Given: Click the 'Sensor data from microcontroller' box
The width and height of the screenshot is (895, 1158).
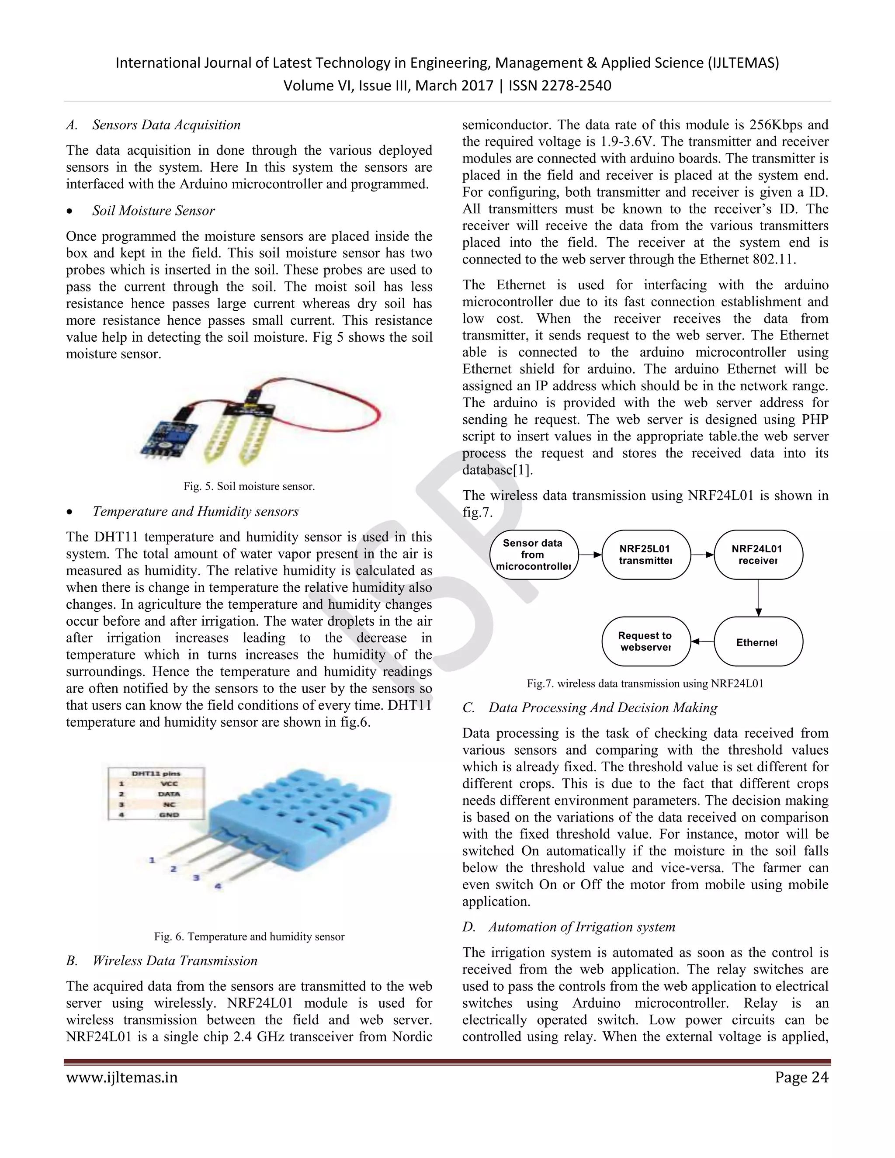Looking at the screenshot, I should click(x=534, y=555).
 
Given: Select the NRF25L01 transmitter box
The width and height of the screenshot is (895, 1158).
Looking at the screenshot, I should click(x=646, y=555).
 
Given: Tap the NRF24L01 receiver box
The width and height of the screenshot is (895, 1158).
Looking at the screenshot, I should click(x=758, y=555).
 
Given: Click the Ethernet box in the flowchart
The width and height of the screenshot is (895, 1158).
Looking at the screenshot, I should click(x=758, y=642).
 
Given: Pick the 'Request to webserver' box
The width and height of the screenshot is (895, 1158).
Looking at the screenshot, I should click(x=646, y=641).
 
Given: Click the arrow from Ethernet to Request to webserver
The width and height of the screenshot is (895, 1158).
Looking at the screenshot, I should click(x=703, y=642).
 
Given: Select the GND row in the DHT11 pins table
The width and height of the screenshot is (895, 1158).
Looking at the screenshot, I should click(x=156, y=815).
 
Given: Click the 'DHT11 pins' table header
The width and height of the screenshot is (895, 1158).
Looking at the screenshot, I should click(x=156, y=773).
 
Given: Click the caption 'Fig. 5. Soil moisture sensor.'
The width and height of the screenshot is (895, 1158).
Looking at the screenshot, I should click(x=249, y=486).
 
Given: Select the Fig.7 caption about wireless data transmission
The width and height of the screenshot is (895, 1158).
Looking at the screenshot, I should click(x=645, y=683).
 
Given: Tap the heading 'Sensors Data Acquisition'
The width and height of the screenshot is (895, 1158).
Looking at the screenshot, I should click(x=166, y=125).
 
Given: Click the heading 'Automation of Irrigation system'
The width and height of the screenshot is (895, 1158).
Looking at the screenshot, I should click(x=582, y=927).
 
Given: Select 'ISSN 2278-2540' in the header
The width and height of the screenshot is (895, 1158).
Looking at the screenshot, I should click(x=560, y=85).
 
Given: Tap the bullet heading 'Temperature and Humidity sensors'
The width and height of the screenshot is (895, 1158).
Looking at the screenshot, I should click(x=195, y=511).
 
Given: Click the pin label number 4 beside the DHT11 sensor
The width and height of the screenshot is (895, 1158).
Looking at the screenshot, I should click(x=217, y=886).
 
